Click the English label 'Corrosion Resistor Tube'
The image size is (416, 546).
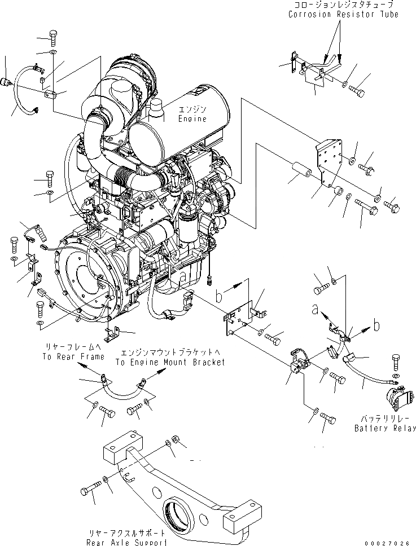(x=343, y=14)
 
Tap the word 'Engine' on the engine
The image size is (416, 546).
(x=192, y=119)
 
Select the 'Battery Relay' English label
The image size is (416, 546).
(x=386, y=428)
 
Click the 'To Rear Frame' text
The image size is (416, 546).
(x=73, y=357)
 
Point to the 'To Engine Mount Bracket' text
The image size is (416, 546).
(x=170, y=362)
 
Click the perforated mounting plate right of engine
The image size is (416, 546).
(x=330, y=161)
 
